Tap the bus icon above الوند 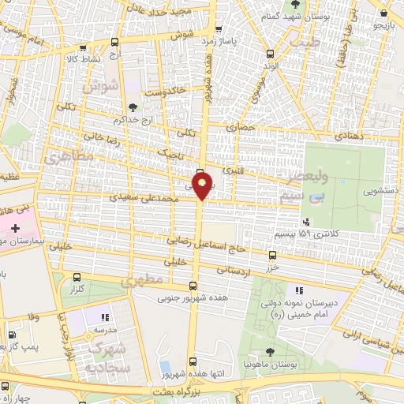(271, 54)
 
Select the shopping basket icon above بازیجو (383, 13)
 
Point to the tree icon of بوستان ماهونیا (271, 352)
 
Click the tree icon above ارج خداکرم (132, 107)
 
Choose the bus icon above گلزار (77, 277)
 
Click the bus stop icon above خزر (272, 255)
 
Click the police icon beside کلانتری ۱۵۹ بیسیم (306, 223)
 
